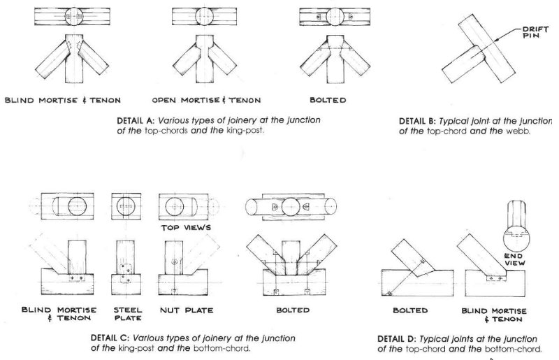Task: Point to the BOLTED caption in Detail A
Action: (x=328, y=101)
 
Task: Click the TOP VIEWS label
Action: (x=187, y=228)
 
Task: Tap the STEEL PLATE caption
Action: (x=127, y=313)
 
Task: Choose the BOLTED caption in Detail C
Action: (x=293, y=308)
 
